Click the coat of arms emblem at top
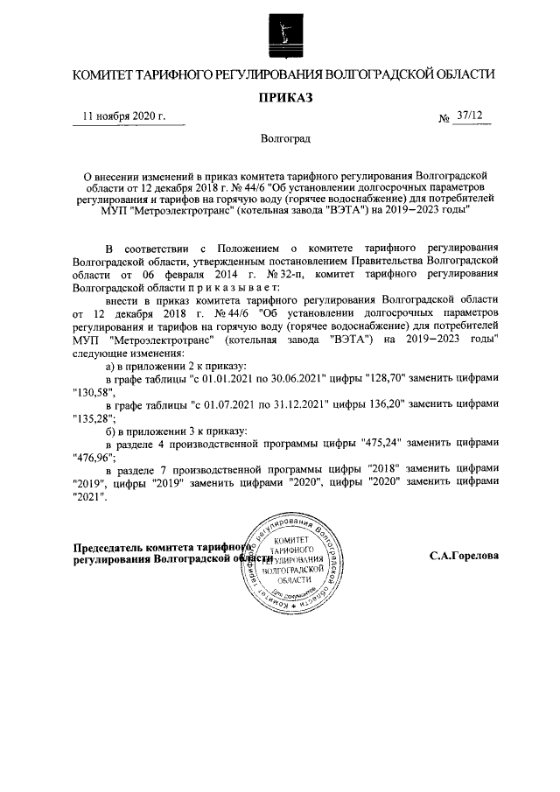(x=280, y=36)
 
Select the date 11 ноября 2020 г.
(x=123, y=117)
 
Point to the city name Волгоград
(x=279, y=138)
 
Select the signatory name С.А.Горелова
(x=464, y=556)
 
